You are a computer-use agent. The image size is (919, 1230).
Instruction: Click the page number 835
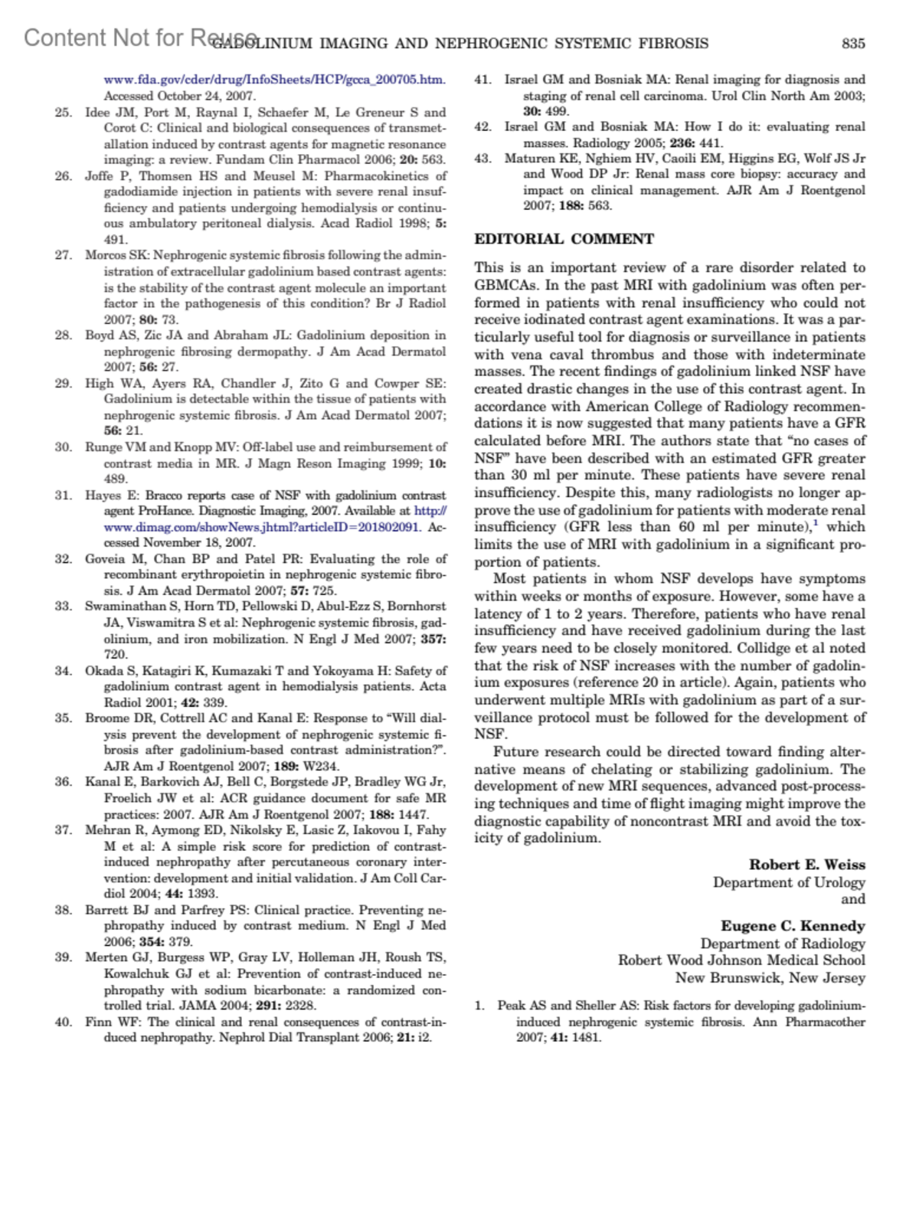pos(853,44)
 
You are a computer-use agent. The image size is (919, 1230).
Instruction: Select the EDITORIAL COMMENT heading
pos(564,239)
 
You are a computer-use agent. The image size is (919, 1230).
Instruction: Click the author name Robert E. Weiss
pos(806,865)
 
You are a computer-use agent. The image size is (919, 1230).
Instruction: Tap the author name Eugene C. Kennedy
pos(793,926)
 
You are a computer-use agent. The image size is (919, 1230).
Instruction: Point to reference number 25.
pos(64,113)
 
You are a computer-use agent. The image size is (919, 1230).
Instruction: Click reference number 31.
pos(64,496)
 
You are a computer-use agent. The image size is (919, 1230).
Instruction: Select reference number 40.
pos(64,1022)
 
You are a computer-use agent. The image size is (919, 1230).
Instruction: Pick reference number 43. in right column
pos(482,159)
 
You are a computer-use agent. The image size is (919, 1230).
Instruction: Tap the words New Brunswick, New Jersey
pos(770,978)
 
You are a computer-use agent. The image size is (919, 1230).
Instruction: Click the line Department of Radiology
pos(782,944)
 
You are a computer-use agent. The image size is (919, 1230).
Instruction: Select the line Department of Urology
pos(788,882)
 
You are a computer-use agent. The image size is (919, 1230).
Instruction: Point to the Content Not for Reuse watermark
pos(138,38)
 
